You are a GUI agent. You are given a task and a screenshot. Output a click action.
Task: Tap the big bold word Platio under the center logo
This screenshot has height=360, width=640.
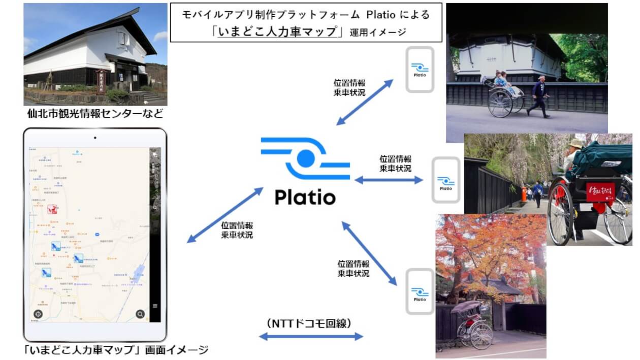click(x=305, y=197)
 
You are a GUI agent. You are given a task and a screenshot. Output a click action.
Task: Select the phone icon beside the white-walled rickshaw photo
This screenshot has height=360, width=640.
click(x=420, y=69)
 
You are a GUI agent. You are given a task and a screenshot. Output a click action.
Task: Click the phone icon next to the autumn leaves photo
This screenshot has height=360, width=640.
click(x=420, y=291)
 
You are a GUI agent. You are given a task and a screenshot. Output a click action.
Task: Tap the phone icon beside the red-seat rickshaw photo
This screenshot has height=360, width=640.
click(x=445, y=180)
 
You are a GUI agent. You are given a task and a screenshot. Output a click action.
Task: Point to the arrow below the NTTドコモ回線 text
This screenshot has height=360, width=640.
click(x=311, y=336)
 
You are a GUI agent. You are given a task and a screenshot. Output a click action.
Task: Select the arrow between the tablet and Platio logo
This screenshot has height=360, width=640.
click(x=225, y=214)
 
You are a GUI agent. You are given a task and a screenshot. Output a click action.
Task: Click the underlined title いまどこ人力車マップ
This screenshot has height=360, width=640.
click(x=277, y=31)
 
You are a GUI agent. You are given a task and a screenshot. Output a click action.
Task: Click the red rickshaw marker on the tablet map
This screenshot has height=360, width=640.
click(x=52, y=209)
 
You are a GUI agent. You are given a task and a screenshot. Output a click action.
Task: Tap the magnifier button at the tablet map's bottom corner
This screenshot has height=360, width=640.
click(x=140, y=314)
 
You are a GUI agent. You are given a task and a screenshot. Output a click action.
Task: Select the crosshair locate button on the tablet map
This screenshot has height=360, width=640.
click(x=39, y=314)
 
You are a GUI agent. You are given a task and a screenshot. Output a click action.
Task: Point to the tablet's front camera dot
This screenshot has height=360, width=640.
click(x=95, y=138)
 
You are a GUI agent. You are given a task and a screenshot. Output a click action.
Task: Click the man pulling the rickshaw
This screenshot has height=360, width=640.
click(x=539, y=96)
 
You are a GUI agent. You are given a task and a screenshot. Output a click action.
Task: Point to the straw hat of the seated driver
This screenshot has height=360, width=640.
click(x=575, y=144)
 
